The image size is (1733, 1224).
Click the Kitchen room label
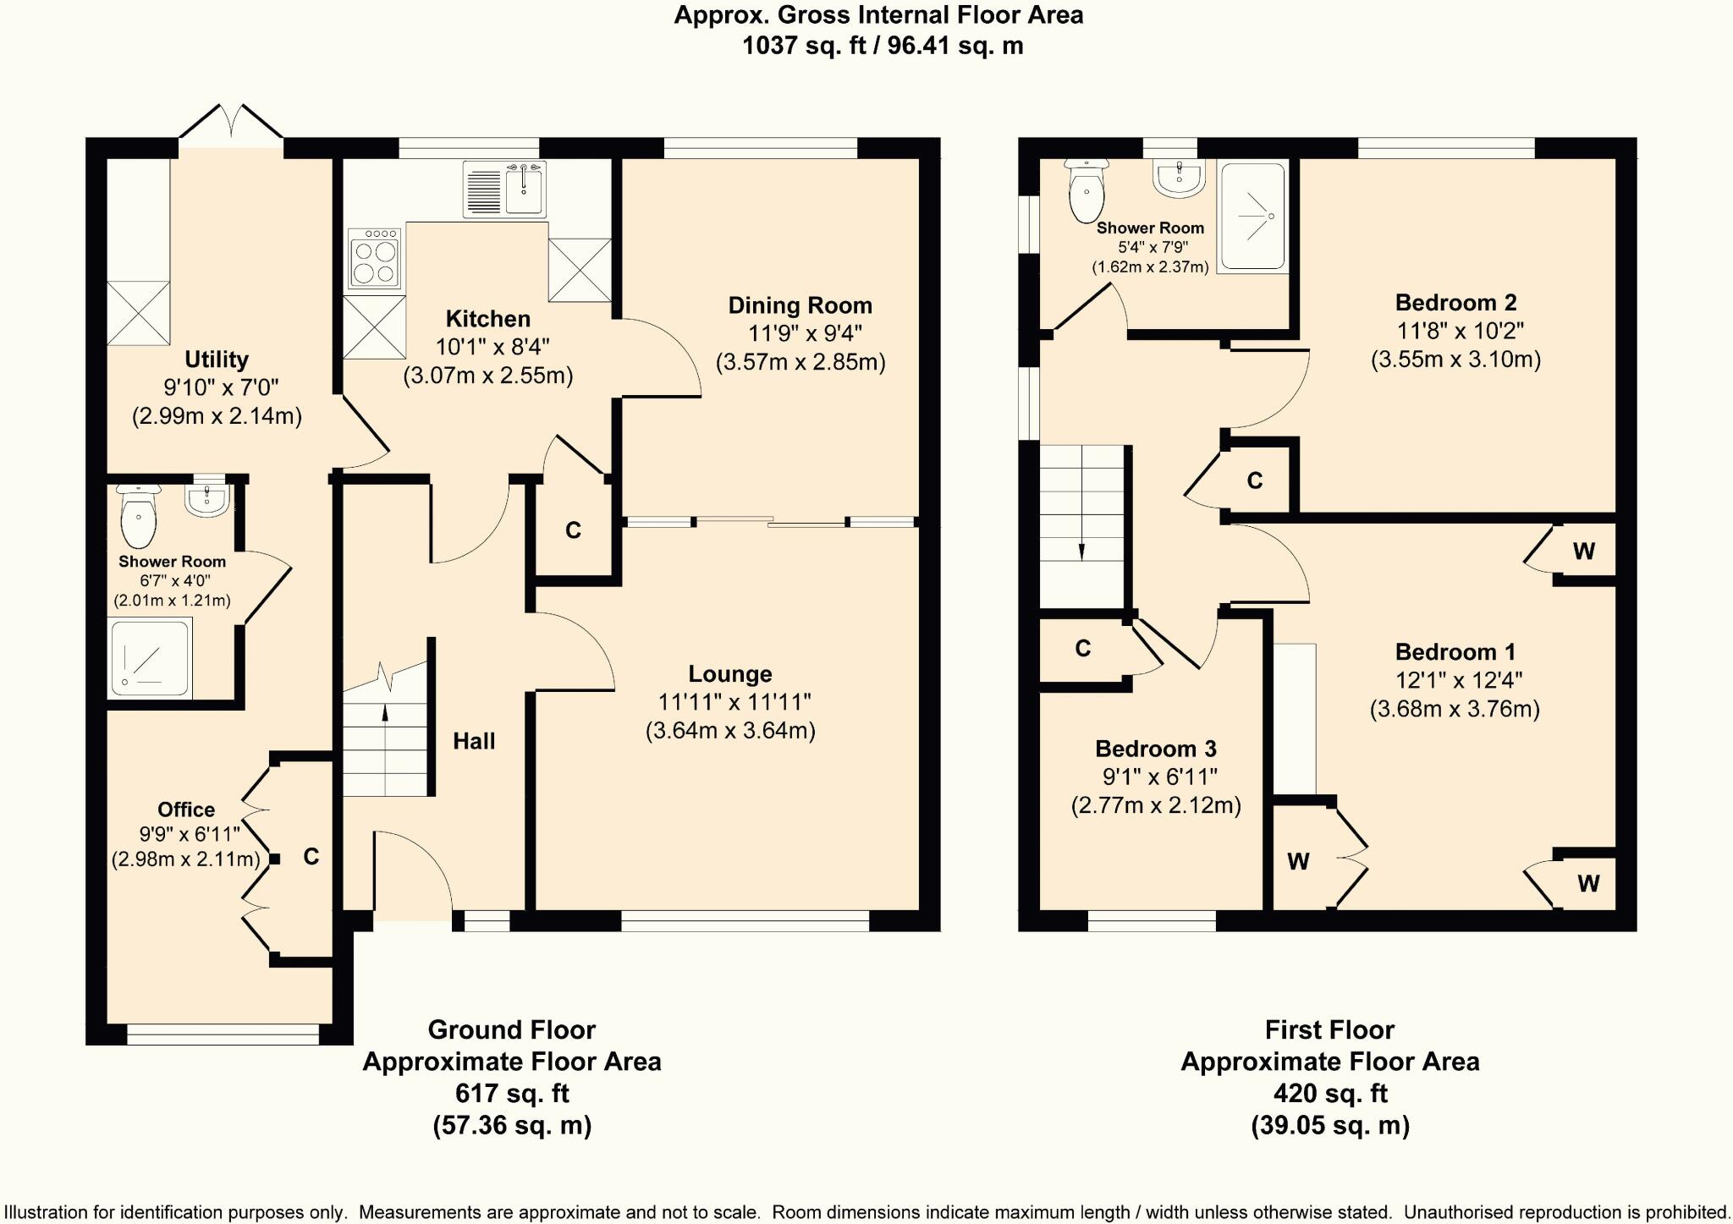point(488,319)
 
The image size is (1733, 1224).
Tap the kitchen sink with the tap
point(505,189)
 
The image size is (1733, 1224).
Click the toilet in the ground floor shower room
point(139,515)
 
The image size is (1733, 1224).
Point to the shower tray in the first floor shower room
point(1254,217)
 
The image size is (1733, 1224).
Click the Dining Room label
point(800,305)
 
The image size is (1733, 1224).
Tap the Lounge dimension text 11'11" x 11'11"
point(734,702)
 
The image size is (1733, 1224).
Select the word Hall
point(474,742)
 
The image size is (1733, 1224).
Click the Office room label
point(186,810)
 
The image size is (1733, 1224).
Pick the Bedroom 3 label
point(1156,749)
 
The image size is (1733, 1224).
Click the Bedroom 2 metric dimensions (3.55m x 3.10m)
point(1455,360)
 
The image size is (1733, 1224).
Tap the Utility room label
point(217,360)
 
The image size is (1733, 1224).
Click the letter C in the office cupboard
point(311,857)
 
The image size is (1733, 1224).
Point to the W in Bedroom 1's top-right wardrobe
point(1584,552)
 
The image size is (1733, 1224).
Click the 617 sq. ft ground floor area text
point(512,1094)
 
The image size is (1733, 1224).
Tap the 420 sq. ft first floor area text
point(1330,1094)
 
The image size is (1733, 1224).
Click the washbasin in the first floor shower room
point(1178,178)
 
